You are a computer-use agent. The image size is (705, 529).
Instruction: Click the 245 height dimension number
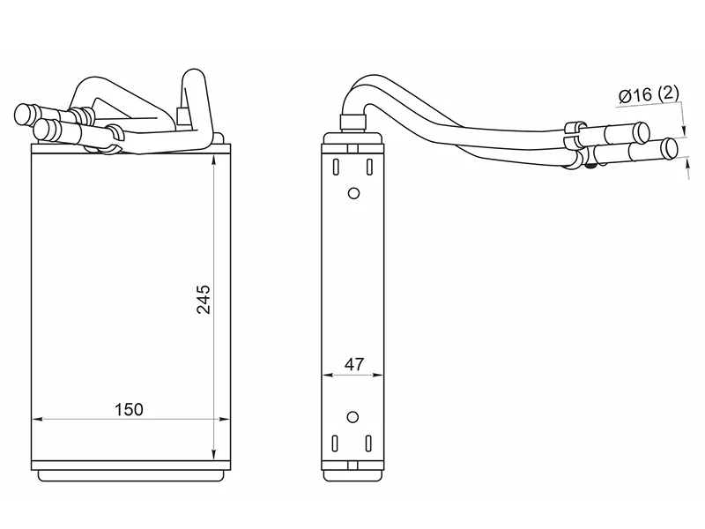coord(204,301)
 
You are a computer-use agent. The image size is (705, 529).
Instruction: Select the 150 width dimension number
coord(129,409)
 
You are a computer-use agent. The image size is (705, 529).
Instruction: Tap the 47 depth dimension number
coord(352,364)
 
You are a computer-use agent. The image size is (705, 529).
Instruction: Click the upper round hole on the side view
coord(354,194)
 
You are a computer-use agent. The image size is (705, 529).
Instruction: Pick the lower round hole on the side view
coord(353,417)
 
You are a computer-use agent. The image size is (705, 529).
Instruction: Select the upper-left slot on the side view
coord(337,166)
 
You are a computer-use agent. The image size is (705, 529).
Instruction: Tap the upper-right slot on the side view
coord(371,166)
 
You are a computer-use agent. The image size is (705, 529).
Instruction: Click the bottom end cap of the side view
coord(352,472)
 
